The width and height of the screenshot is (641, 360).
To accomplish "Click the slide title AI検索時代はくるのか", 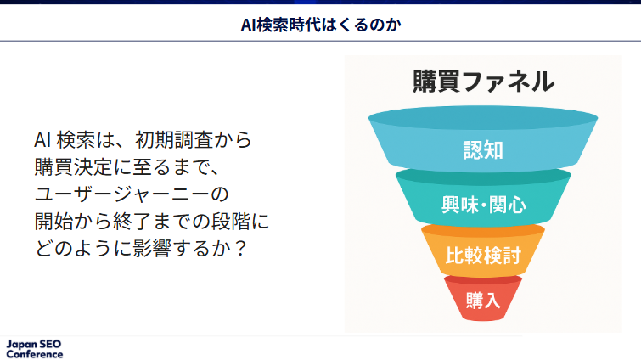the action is tap(321, 25).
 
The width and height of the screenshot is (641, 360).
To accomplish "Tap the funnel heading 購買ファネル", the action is tap(483, 82).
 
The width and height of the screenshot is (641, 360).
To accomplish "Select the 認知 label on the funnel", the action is tap(483, 150).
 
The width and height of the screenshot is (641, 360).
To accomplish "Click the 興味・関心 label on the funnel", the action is tap(484, 205).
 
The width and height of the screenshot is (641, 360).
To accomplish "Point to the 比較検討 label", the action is tap(483, 256).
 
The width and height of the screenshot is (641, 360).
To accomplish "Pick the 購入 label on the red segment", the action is tap(483, 300).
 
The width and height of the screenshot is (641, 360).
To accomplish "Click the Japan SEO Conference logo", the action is tap(34, 349).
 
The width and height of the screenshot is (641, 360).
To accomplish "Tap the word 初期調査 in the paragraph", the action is tap(174, 140).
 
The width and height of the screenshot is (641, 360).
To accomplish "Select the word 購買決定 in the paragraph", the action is tap(73, 166).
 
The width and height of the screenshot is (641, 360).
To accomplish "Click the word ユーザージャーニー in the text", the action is tap(121, 194).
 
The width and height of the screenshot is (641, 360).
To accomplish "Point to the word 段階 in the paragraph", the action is tap(230, 221).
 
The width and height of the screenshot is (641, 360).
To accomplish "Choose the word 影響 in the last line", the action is tap(152, 248).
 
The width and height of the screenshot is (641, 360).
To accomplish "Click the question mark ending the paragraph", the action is tap(241, 248).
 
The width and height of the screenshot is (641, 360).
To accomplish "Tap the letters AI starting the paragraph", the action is tap(42, 140).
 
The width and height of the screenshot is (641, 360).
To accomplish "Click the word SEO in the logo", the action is tap(51, 344).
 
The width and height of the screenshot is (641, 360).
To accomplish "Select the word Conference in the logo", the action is tap(35, 354).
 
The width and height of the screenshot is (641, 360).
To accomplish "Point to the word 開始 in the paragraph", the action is tap(53, 221).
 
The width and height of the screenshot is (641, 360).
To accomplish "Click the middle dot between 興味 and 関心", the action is tap(484, 205).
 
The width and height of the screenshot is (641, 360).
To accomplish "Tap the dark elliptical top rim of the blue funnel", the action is tap(483, 118).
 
